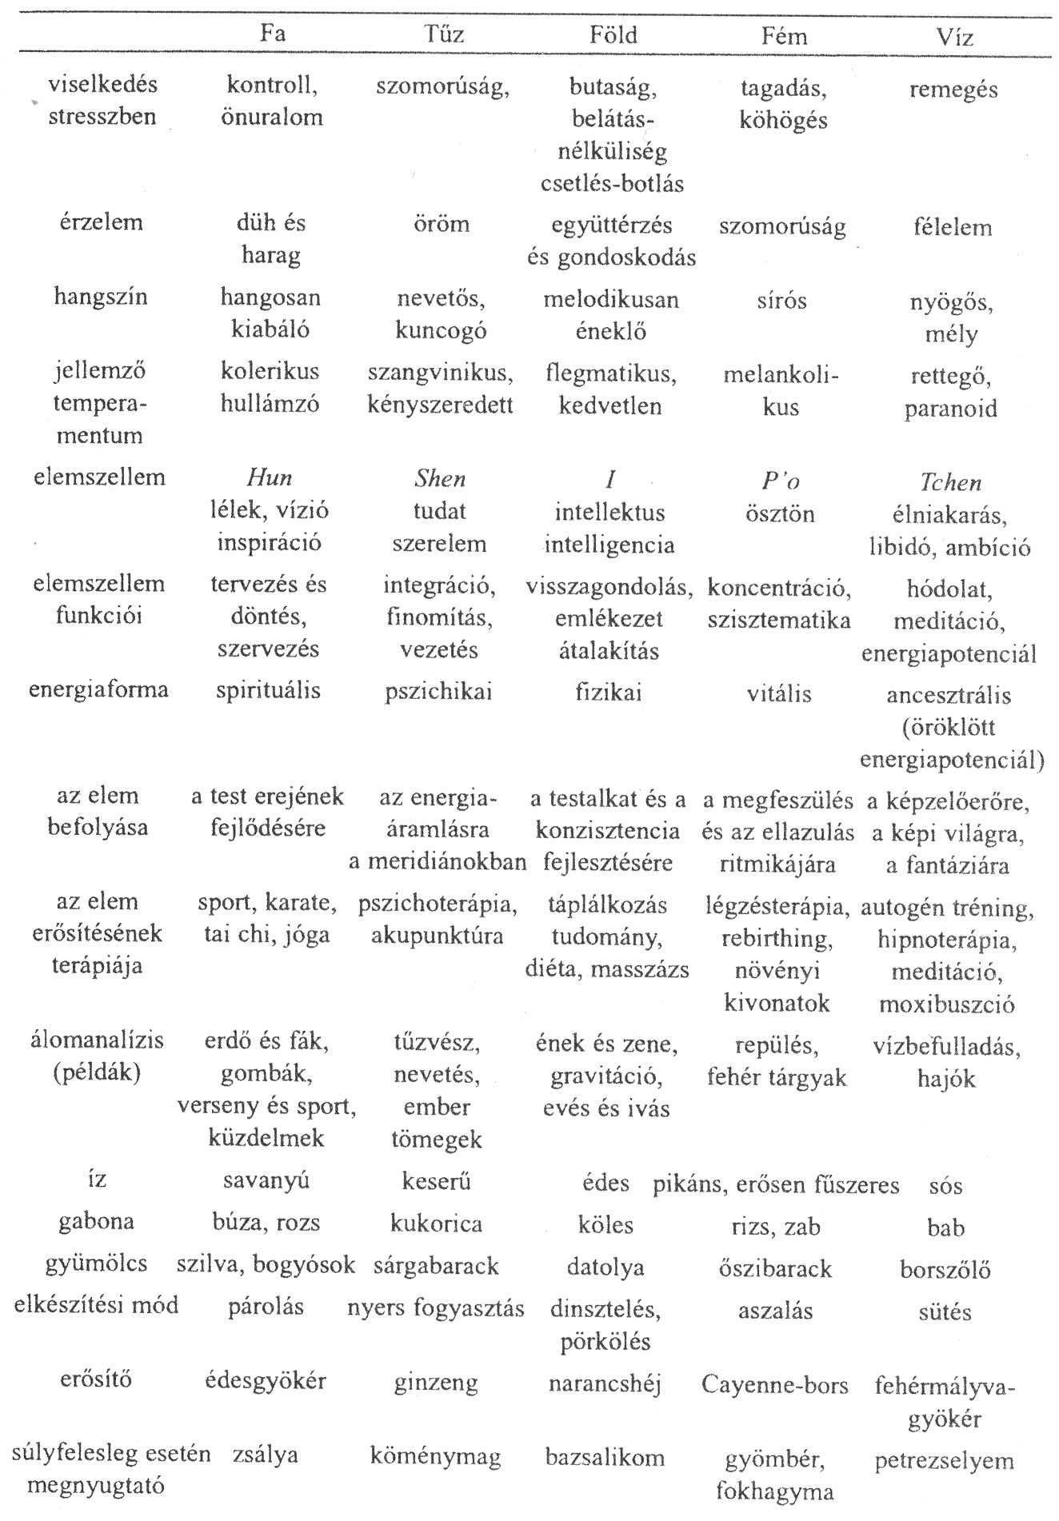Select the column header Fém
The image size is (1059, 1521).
coord(785,36)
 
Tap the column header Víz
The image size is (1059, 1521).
coord(953,37)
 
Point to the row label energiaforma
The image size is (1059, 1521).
coord(98,689)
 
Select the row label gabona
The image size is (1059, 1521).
coord(96,1222)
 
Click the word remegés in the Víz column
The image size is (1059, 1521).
coord(953,90)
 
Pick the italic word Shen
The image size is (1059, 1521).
coord(440,478)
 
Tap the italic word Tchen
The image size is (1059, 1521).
coord(949,482)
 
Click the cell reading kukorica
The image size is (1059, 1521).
coord(436,1224)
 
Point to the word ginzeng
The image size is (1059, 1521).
coord(436,1383)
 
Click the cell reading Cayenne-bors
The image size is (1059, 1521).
coord(774,1385)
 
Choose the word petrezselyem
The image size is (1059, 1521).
coord(945,1461)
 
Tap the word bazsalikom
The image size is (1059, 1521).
coord(605,1457)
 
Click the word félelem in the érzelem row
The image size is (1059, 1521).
coord(952,228)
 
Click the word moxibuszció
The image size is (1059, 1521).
coord(947,1004)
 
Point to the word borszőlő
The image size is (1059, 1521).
coord(945,1270)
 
